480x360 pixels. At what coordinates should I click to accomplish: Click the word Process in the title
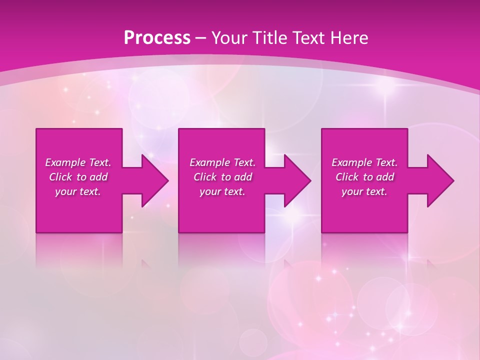pyautogui.click(x=157, y=38)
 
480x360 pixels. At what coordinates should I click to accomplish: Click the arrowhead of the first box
pyautogui.click(x=155, y=180)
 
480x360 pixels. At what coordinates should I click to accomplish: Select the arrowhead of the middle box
pyautogui.click(x=297, y=180)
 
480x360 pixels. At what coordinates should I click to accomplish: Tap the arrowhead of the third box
pyautogui.click(x=440, y=180)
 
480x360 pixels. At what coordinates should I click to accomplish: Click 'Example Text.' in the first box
pyautogui.click(x=78, y=162)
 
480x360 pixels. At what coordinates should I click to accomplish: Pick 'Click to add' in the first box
pyautogui.click(x=78, y=177)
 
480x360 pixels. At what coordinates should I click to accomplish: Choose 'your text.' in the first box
pyautogui.click(x=78, y=191)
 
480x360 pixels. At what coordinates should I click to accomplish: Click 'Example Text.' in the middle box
pyautogui.click(x=222, y=162)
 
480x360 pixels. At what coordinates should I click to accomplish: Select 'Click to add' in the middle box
pyautogui.click(x=222, y=177)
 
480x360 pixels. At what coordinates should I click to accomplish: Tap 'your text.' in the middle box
pyautogui.click(x=222, y=191)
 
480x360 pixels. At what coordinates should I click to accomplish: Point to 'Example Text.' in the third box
pyautogui.click(x=364, y=162)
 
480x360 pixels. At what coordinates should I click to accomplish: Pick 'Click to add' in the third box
pyautogui.click(x=364, y=177)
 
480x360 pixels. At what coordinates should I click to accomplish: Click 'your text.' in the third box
pyautogui.click(x=364, y=191)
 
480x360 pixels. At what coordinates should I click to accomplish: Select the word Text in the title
pyautogui.click(x=309, y=38)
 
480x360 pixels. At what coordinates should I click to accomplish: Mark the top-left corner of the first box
pyautogui.click(x=36, y=129)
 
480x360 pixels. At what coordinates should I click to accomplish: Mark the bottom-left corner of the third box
pyautogui.click(x=322, y=232)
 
